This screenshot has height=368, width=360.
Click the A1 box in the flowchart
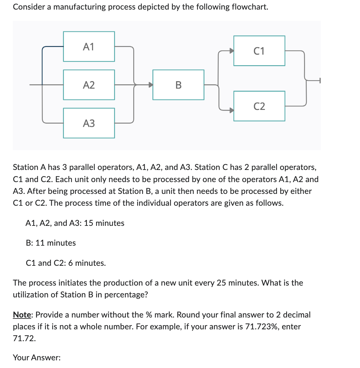(x=89, y=47)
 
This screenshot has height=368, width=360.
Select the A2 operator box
(x=89, y=85)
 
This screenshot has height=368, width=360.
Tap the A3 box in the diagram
(x=89, y=123)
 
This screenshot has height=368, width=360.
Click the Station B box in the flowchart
(x=178, y=85)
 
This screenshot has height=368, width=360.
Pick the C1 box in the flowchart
(x=259, y=51)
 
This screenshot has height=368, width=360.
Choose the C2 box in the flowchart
(x=259, y=106)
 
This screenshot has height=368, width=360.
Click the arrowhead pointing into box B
(x=150, y=85)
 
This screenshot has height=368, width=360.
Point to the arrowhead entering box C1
(x=231, y=51)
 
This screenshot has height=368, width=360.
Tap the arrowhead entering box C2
(x=231, y=110)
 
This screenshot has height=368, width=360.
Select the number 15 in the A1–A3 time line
(x=88, y=223)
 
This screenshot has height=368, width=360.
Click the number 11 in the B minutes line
(x=40, y=243)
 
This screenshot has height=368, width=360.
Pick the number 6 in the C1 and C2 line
(x=70, y=263)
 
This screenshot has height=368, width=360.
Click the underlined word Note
(x=22, y=315)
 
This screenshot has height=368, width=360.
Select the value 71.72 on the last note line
(x=24, y=339)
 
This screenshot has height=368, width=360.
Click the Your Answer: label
(x=37, y=358)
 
